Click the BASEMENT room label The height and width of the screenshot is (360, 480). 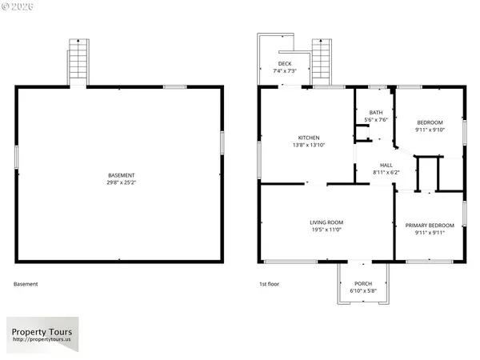122,175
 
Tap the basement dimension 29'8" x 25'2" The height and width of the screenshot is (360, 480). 122,182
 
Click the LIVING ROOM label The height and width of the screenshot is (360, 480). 326,222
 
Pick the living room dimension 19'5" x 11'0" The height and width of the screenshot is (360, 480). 326,230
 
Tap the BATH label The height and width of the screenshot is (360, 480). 375,113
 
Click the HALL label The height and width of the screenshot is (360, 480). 386,165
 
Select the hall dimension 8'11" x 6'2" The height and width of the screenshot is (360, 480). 386,172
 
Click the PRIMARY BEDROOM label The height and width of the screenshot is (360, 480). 430,226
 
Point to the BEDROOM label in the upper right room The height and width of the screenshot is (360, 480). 430,122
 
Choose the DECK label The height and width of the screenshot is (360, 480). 284,64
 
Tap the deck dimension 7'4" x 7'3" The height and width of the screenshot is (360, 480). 284,71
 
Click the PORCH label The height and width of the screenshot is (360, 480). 363,283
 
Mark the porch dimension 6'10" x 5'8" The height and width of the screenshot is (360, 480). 363,290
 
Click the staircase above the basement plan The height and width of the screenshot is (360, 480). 78,60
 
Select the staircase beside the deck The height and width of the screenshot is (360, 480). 321,60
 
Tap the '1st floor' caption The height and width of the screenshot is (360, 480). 268,284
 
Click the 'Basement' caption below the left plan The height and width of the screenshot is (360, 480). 26,284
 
